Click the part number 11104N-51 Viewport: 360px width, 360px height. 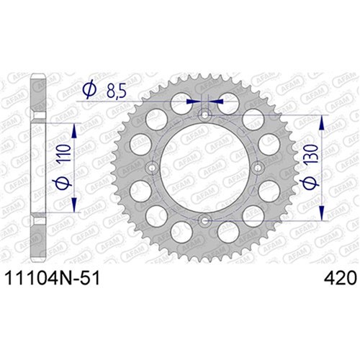[x=52, y=279]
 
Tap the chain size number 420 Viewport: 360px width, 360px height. [x=340, y=279]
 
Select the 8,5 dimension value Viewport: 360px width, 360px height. [x=117, y=91]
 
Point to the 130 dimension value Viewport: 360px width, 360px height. [x=311, y=153]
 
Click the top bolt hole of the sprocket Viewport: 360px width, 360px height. [x=204, y=115]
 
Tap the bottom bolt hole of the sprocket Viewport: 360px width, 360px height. [x=204, y=220]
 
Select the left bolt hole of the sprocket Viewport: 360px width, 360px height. [x=152, y=168]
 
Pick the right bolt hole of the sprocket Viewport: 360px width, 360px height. [x=258, y=168]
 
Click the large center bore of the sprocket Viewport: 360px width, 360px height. [x=204, y=168]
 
